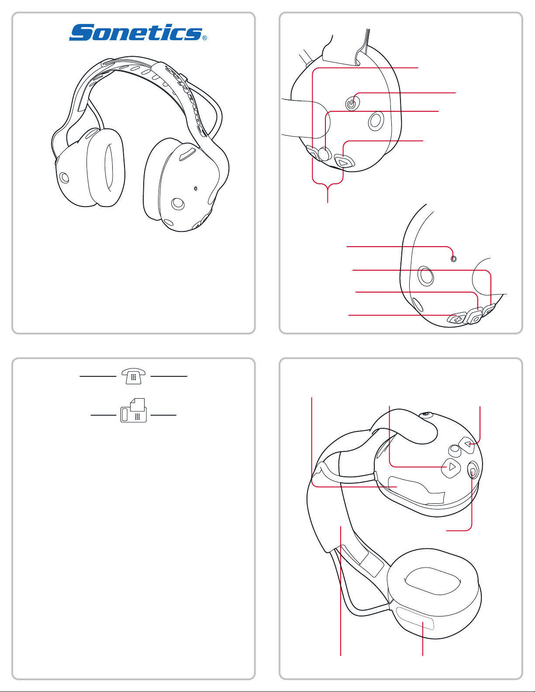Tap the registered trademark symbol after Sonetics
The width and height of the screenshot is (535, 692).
click(x=204, y=38)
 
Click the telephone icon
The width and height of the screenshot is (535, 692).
click(x=134, y=376)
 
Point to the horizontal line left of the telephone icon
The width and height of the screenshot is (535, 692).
click(x=98, y=376)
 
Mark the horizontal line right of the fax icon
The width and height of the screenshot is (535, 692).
click(x=163, y=415)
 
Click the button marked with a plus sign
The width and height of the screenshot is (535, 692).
click(x=456, y=318)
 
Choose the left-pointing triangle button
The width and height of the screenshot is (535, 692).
click(x=467, y=444)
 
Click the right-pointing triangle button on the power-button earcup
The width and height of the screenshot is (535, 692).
click(x=344, y=162)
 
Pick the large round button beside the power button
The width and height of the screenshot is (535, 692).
click(x=376, y=121)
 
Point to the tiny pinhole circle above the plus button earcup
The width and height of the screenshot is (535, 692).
click(x=453, y=259)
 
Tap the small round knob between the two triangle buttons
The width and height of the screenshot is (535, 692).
click(x=455, y=450)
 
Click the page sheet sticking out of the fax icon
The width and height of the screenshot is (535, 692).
click(x=138, y=404)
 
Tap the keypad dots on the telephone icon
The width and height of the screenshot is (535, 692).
click(x=134, y=377)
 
